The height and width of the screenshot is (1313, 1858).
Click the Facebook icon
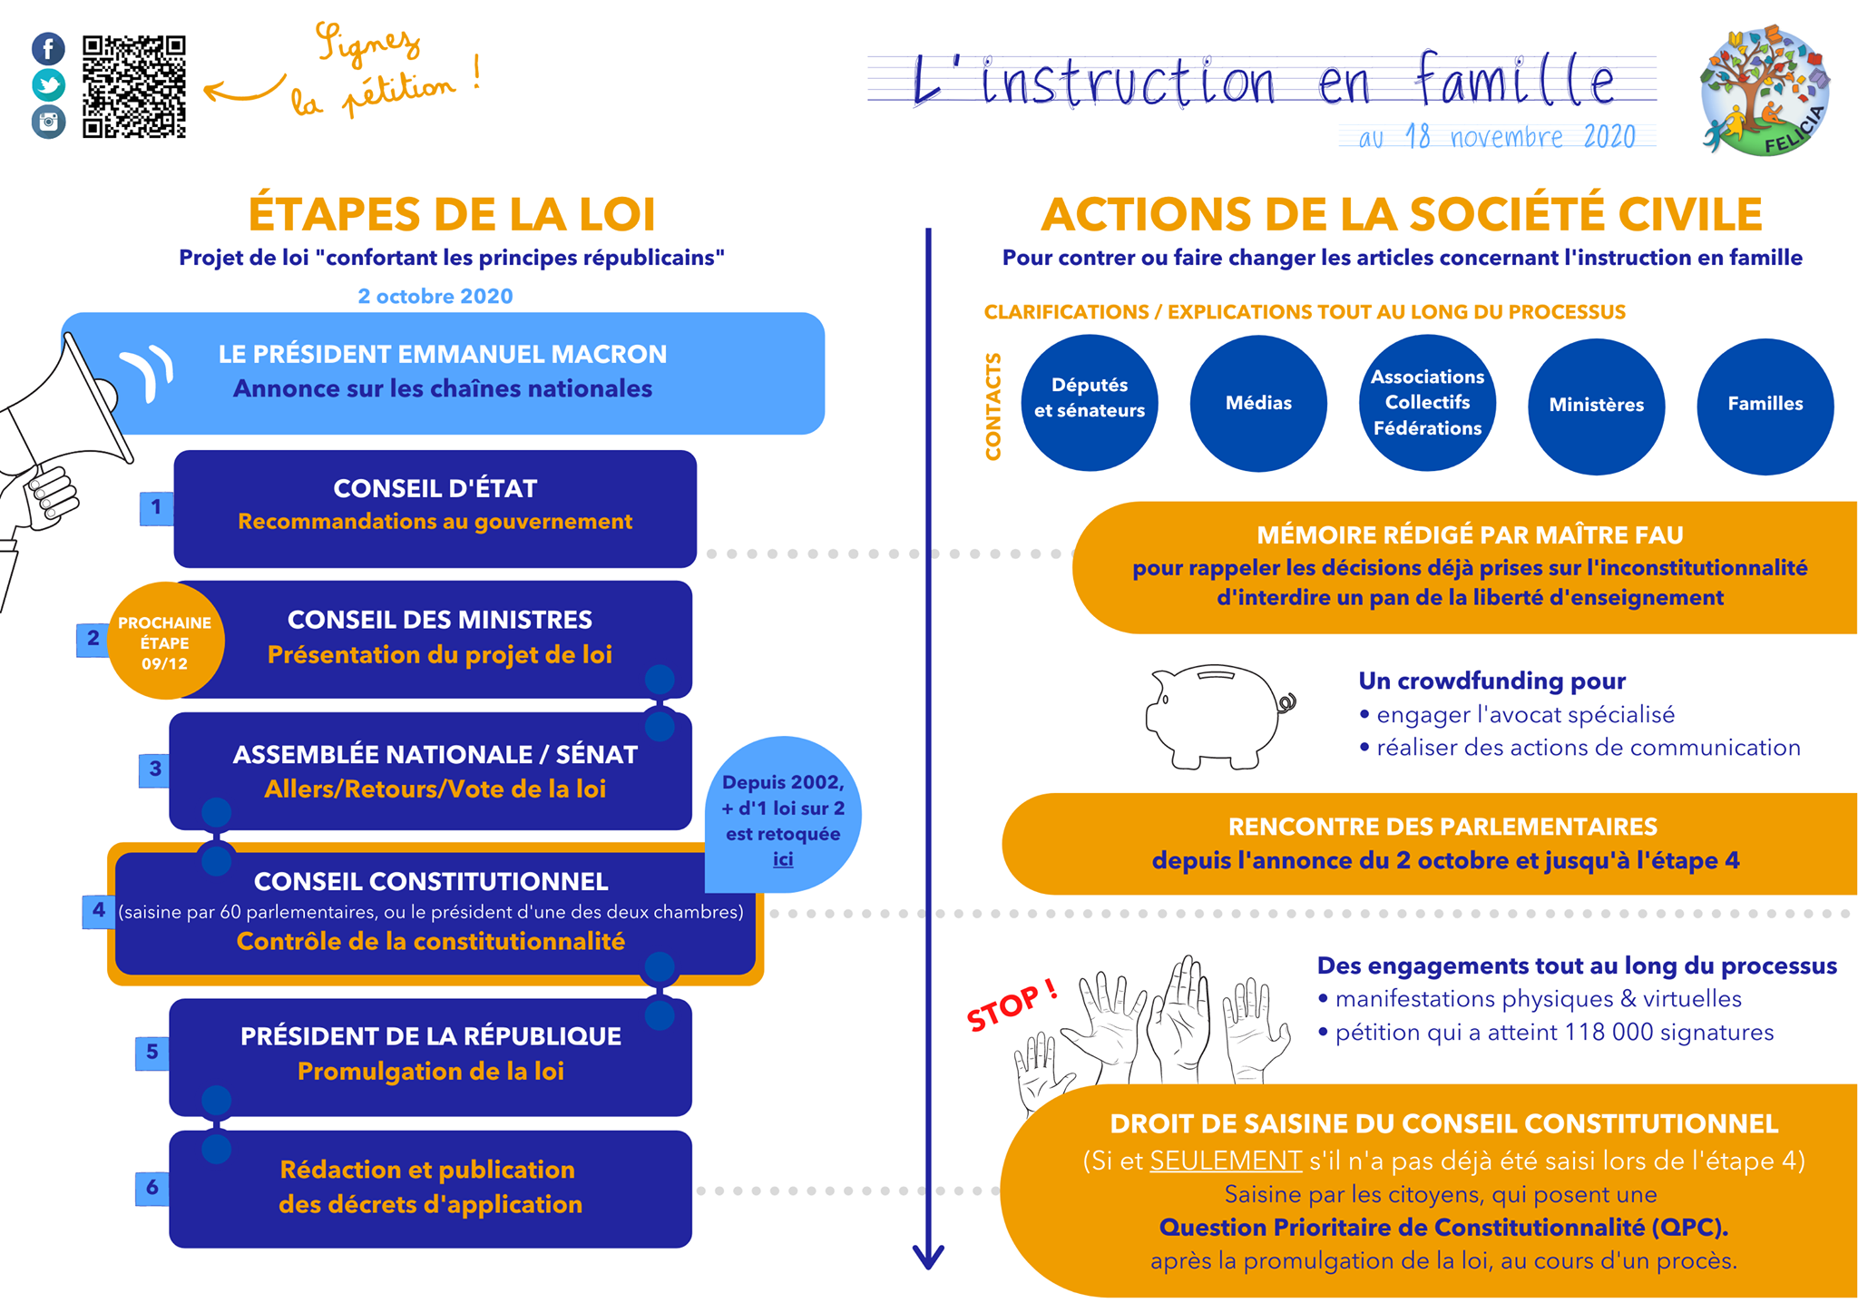point(48,48)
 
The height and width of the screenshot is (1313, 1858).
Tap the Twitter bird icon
point(48,85)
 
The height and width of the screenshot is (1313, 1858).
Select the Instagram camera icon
point(48,122)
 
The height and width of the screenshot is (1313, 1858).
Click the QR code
point(134,87)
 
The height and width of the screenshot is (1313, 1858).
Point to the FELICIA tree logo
point(1765,91)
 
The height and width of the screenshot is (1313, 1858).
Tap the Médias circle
point(1258,403)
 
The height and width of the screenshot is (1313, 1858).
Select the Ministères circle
point(1597,406)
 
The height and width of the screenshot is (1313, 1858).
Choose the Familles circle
point(1765,406)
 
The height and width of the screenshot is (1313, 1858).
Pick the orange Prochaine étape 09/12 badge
point(165,641)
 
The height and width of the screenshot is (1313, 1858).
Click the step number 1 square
point(156,507)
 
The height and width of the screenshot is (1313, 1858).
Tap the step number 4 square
point(98,910)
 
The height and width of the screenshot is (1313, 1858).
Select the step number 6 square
point(152,1188)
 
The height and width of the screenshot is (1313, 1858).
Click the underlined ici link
point(783,859)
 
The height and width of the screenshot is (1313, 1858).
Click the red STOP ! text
point(1012,1004)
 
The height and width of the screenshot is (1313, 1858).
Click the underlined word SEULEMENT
point(1226,1161)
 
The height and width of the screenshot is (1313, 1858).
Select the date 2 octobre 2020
point(435,296)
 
